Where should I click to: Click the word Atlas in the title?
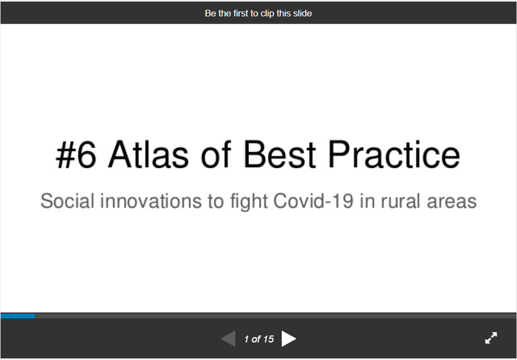pyautogui.click(x=149, y=154)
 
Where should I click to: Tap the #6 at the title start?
pyautogui.click(x=76, y=154)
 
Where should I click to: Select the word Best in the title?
pyautogui.click(x=280, y=154)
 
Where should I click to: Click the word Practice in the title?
pyautogui.click(x=394, y=154)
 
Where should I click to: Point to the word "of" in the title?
pyautogui.click(x=216, y=154)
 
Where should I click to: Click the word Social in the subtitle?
pyautogui.click(x=68, y=201)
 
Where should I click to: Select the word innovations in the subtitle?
pyautogui.click(x=151, y=201)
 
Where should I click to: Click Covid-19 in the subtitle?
pyautogui.click(x=313, y=201)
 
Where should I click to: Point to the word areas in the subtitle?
pyautogui.click(x=452, y=202)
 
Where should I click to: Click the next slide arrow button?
pyautogui.click(x=289, y=339)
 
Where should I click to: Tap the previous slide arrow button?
pyautogui.click(x=228, y=339)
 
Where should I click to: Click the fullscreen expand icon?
pyautogui.click(x=491, y=338)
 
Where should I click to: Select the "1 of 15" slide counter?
pyautogui.click(x=259, y=339)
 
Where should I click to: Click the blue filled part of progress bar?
pyautogui.click(x=17, y=316)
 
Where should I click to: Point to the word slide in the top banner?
pyautogui.click(x=302, y=13)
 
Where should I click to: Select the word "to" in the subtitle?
pyautogui.click(x=216, y=202)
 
